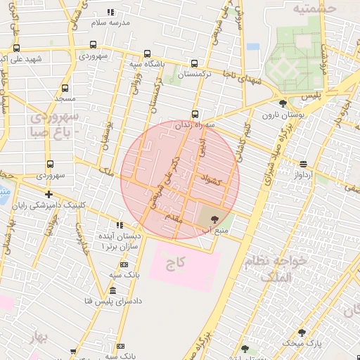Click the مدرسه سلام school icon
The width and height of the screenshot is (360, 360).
[x=110, y=12]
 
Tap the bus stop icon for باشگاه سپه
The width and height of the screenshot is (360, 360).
[x=146, y=53]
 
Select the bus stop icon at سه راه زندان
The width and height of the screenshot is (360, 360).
[x=195, y=114]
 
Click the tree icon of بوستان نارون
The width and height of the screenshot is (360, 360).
[x=282, y=103]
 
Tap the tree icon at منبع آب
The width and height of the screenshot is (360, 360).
[x=214, y=219]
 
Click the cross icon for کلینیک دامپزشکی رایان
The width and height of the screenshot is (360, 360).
[x=49, y=195]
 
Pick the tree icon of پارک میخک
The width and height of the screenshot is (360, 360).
[x=302, y=333]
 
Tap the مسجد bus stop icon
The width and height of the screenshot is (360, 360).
[x=65, y=89]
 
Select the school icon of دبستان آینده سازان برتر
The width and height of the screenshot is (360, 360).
[x=119, y=225]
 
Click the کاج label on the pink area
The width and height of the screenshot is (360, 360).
[x=175, y=264]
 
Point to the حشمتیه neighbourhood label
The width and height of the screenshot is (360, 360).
[x=314, y=8]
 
